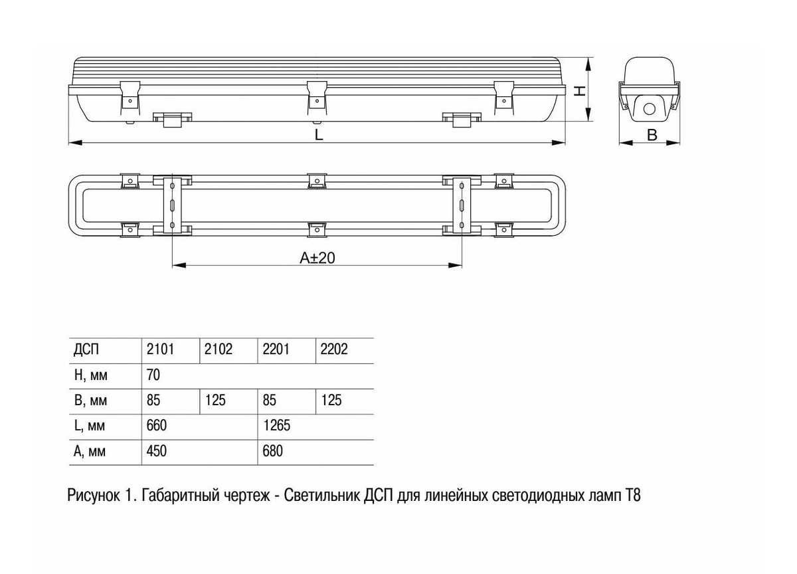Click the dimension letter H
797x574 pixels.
click(580, 91)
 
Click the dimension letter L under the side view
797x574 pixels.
click(319, 135)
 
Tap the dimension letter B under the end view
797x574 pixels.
click(652, 135)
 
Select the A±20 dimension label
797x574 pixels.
click(317, 258)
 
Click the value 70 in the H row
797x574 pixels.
click(153, 375)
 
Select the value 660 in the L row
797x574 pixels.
click(157, 425)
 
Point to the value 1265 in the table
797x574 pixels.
click(276, 425)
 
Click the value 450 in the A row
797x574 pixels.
click(157, 451)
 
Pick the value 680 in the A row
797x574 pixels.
click(273, 451)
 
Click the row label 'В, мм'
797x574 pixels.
click(90, 401)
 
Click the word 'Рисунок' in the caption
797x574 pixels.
click(94, 496)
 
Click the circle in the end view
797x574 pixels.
click(650, 109)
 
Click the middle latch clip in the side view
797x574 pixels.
click(317, 98)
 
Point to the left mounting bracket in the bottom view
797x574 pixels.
click(173, 206)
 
